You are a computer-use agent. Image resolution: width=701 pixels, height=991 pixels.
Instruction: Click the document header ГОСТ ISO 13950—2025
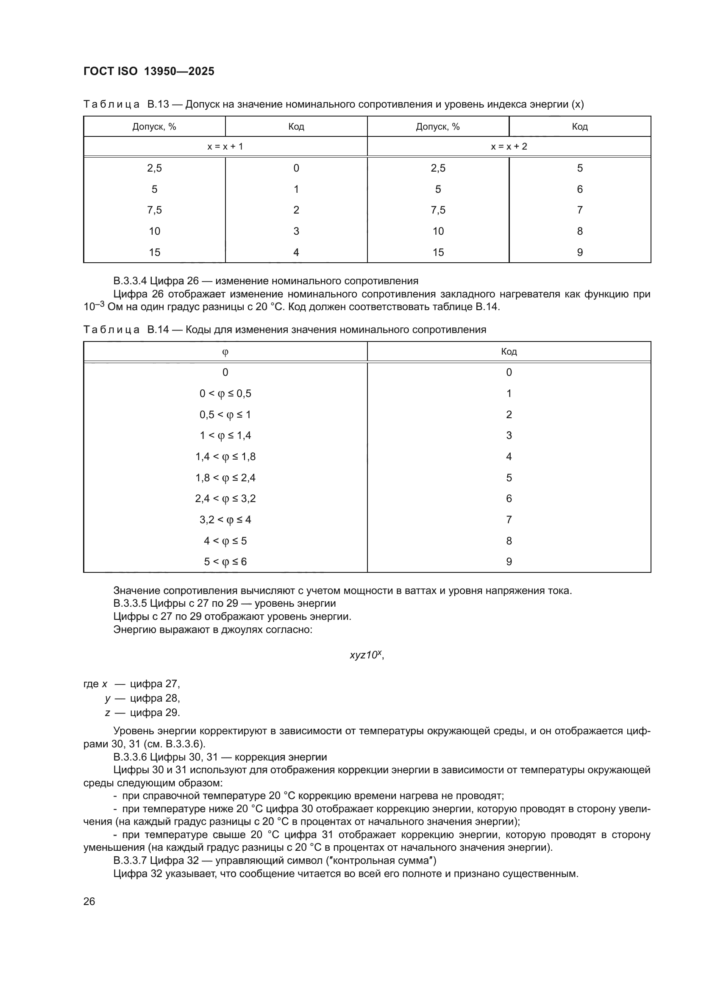pos(148,72)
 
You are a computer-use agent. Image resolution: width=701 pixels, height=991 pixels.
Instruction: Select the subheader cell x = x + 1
pos(225,147)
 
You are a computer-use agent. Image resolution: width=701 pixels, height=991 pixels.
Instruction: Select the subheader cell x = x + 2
pos(509,147)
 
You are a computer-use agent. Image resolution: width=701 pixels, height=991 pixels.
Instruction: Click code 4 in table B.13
pos(296,253)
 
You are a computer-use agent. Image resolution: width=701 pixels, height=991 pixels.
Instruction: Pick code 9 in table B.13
pos(580,253)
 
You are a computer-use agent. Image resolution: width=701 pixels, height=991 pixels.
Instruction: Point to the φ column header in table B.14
pos(225,352)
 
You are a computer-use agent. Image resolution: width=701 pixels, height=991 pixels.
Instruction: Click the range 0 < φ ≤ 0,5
pos(225,394)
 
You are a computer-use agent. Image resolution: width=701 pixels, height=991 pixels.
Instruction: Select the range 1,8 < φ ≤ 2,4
pos(225,478)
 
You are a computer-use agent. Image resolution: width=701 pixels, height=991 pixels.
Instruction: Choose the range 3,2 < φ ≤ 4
pos(225,520)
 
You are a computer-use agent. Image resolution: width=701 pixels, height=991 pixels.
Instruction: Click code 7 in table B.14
pos(509,520)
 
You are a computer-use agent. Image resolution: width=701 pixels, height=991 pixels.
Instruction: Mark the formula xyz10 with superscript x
pos(366,655)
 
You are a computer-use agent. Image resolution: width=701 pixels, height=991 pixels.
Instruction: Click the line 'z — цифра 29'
pos(142,712)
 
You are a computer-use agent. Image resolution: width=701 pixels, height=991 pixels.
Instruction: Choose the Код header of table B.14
pos(509,352)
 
